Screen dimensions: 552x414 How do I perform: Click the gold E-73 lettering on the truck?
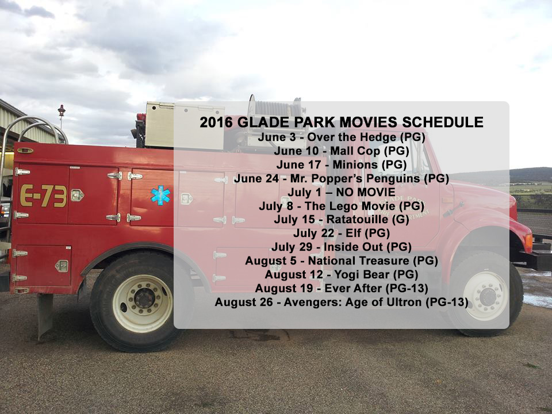point(43,195)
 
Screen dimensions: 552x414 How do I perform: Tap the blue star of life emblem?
point(160,195)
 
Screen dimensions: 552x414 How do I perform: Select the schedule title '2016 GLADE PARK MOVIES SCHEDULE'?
point(342,122)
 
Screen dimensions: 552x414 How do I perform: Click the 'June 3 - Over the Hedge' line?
point(342,137)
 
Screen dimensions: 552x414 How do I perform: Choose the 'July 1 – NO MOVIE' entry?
point(342,192)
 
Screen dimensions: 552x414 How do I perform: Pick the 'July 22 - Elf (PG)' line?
point(342,233)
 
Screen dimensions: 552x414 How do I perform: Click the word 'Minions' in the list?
point(355,164)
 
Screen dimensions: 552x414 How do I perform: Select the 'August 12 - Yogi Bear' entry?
point(342,274)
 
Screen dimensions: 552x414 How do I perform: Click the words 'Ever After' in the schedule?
point(353,288)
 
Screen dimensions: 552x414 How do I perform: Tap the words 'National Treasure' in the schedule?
point(358,261)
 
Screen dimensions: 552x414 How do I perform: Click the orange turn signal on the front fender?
point(528,243)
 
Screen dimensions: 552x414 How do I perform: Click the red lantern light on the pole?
point(62,110)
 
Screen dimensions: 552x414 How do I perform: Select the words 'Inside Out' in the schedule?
point(353,247)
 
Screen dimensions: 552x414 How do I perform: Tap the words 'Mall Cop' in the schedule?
point(355,151)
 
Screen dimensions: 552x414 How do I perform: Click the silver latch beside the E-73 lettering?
point(77,195)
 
